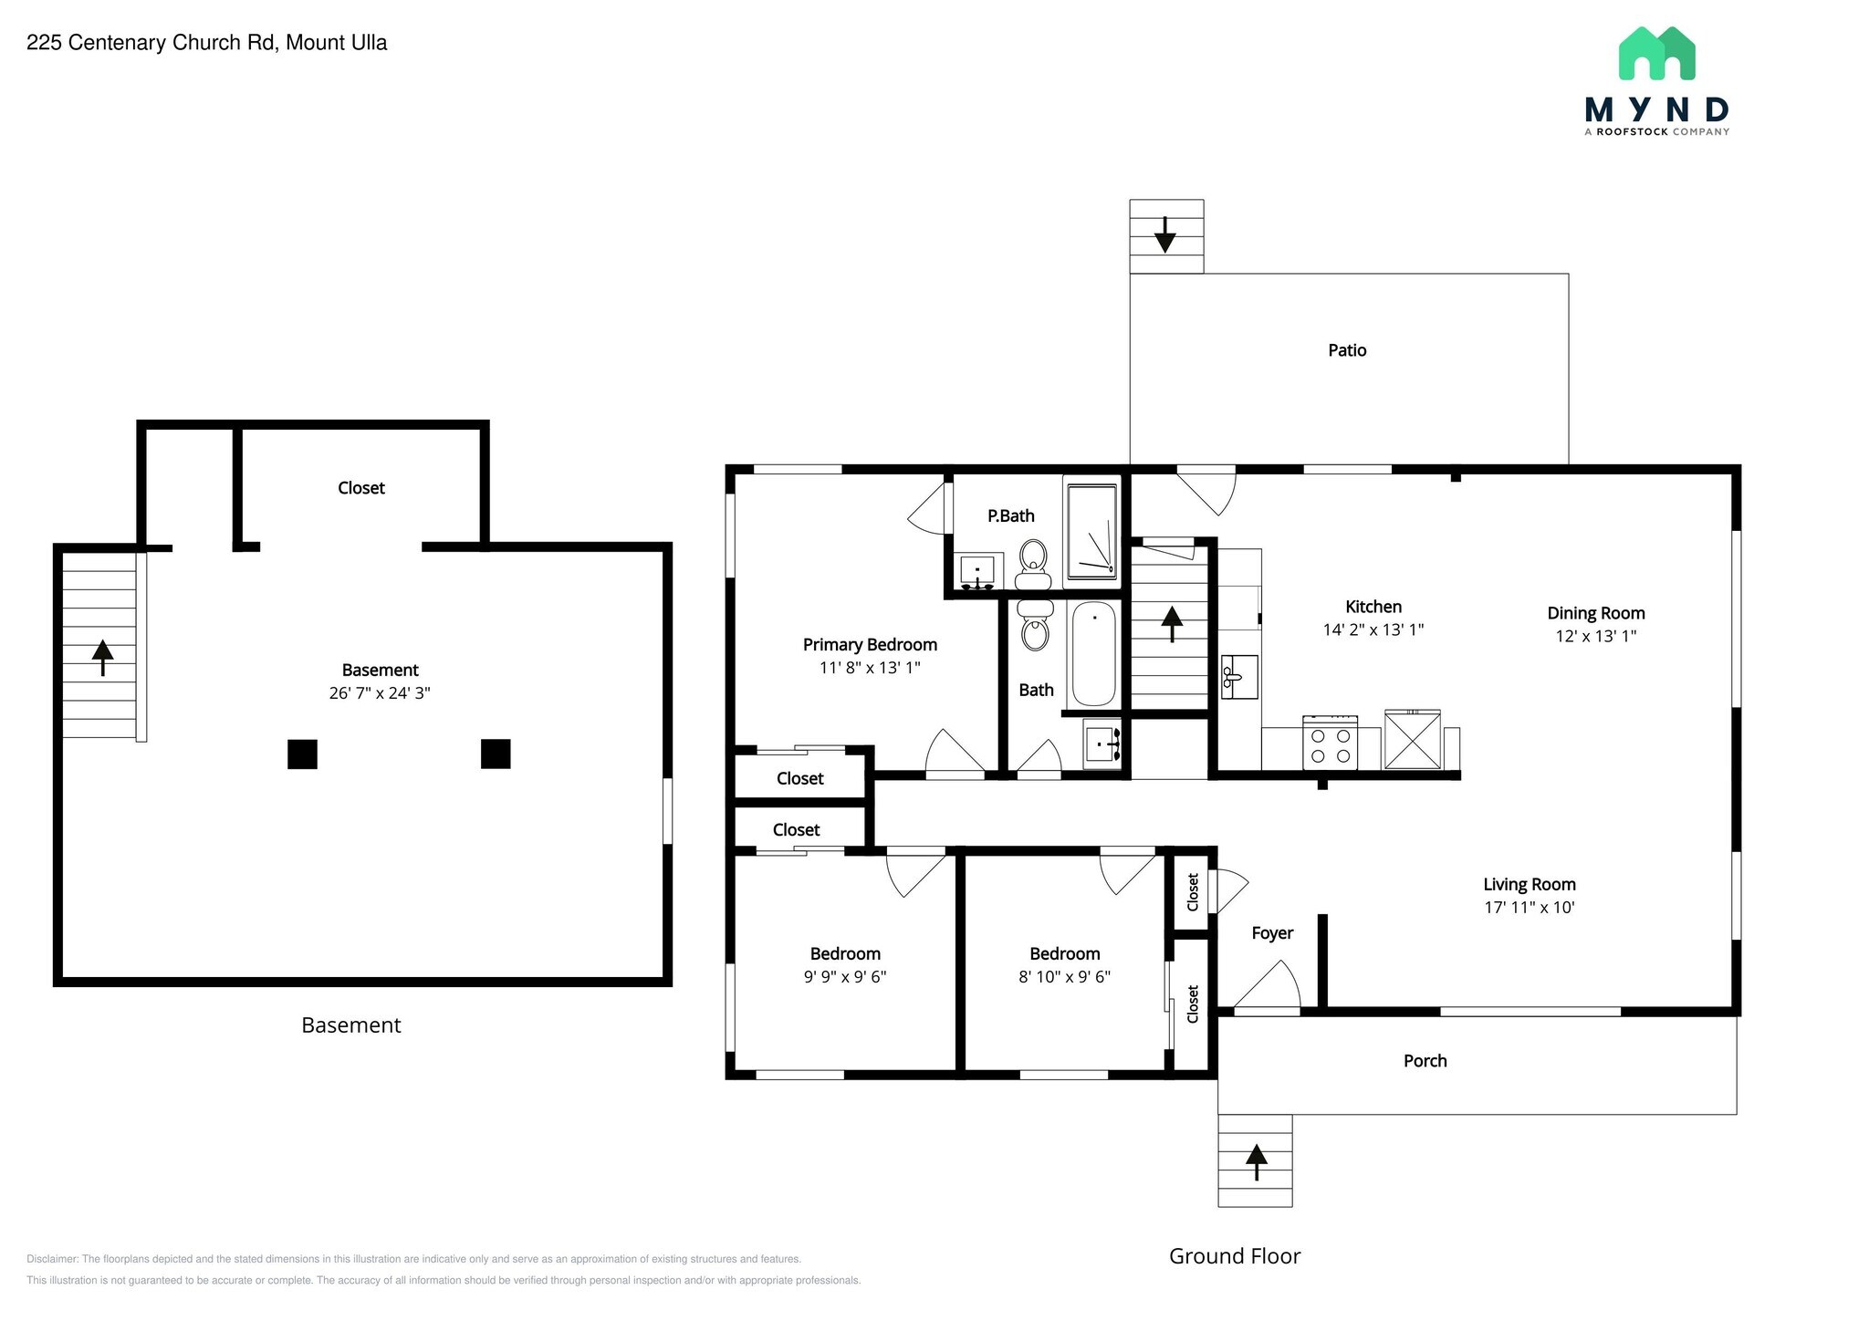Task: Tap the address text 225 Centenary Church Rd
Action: click(151, 43)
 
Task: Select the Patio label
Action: click(1347, 350)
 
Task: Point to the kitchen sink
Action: click(1239, 677)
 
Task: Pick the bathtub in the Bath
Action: click(1093, 653)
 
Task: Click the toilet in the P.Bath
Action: click(1033, 565)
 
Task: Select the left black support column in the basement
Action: click(302, 754)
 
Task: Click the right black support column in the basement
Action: click(496, 754)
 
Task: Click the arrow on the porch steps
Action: click(1257, 1162)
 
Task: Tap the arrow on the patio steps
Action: click(1164, 234)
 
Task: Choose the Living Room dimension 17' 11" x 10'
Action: click(1530, 908)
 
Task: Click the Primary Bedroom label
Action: click(870, 645)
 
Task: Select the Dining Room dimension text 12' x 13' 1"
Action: click(1596, 637)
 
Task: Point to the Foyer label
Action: click(1272, 933)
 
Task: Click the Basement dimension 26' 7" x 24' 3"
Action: click(380, 693)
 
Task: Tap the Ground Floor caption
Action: click(1235, 1256)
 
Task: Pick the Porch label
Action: click(1425, 1061)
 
